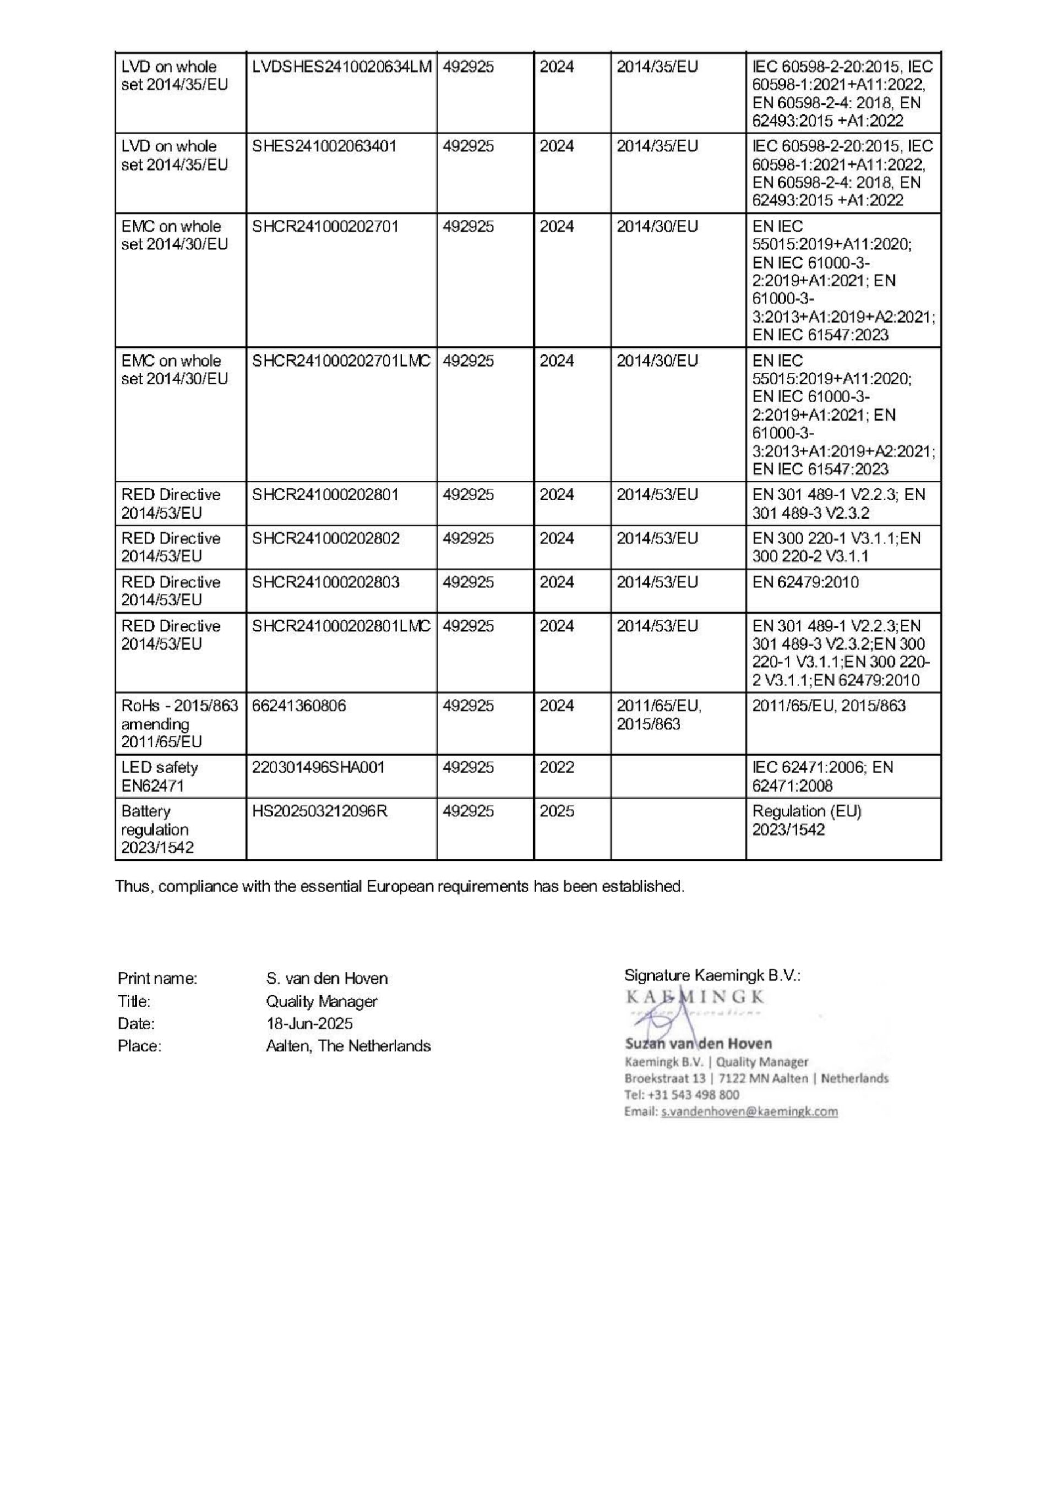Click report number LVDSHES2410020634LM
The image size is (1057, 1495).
point(342,67)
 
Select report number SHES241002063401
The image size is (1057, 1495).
point(324,146)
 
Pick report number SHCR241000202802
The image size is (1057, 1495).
point(325,538)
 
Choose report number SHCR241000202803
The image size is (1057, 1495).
point(325,582)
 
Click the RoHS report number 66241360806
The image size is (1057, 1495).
point(299,706)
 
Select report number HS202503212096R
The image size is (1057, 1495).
point(320,811)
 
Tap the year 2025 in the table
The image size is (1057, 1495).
point(557,811)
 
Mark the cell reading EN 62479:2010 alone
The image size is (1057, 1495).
point(805,582)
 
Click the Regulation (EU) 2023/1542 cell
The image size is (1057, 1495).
point(807,820)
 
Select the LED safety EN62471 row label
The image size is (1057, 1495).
point(160,777)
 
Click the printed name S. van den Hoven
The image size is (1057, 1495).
point(327,979)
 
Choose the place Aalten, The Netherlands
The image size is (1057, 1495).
point(348,1046)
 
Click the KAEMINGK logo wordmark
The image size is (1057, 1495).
point(695,997)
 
